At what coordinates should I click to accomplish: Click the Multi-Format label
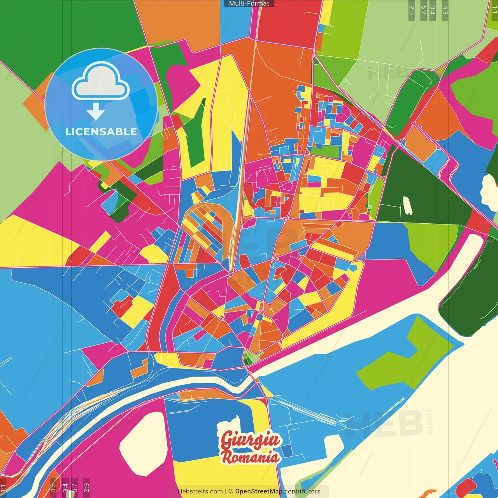click(249, 4)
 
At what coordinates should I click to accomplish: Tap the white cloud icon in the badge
click(101, 81)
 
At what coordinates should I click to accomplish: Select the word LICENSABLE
click(101, 132)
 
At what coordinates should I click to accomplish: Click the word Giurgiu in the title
click(250, 440)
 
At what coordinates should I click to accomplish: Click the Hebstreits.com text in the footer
click(200, 491)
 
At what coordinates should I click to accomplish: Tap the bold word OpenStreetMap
click(259, 491)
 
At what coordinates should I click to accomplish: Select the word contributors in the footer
click(302, 491)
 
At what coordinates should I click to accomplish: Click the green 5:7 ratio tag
click(424, 10)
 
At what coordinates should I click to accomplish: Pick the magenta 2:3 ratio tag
click(86, 487)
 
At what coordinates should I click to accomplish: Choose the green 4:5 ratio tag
click(445, 10)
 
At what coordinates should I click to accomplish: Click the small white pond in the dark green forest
click(408, 205)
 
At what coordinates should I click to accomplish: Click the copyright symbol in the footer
click(230, 491)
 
